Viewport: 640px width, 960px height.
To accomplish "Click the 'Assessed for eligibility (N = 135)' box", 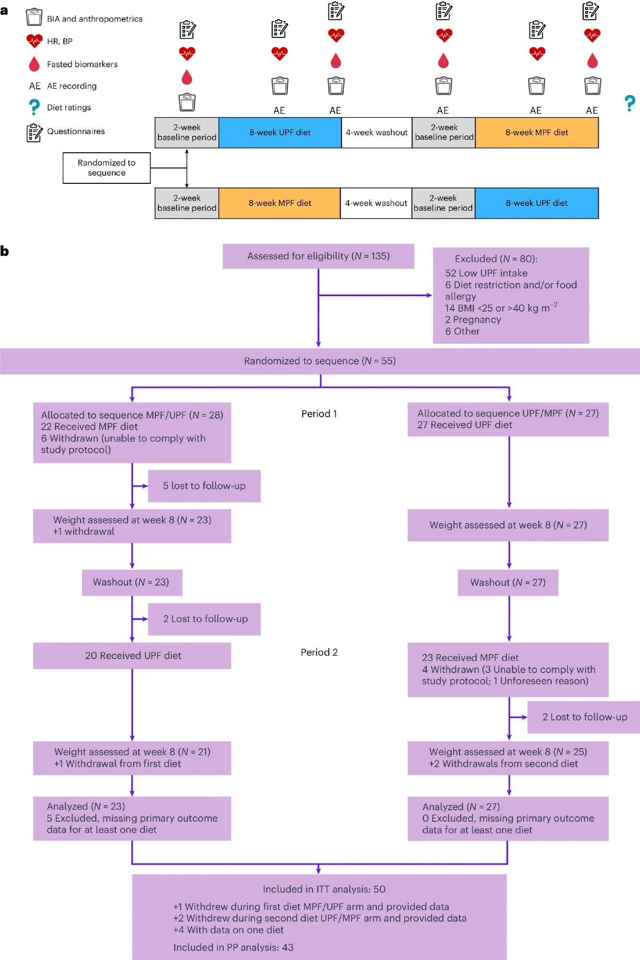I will pos(318,256).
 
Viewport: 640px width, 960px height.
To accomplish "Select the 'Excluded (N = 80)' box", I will pos(511,295).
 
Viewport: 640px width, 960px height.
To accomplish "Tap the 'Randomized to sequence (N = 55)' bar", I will pos(320,361).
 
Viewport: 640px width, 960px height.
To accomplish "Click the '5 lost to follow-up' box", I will pos(204,486).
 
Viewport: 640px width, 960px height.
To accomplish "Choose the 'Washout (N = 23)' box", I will pos(132,582).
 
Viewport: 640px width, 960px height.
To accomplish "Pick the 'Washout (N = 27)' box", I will pos(508,582).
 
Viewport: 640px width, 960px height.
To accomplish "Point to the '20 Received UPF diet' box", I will pos(132,656).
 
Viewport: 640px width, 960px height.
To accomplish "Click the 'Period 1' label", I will pos(319,414).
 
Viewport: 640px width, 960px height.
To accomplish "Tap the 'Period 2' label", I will pos(319,652).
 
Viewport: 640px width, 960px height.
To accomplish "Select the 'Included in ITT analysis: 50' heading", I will pos(324,889).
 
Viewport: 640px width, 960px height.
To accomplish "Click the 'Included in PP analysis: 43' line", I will pos(233,948).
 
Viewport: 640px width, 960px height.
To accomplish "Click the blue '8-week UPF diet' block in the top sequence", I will pos(280,132).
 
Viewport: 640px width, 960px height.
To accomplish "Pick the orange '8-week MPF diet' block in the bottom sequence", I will pos(280,203).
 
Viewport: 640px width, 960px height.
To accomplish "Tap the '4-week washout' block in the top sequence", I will pos(377,132).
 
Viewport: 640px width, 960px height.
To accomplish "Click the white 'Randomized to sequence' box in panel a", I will pos(107,168).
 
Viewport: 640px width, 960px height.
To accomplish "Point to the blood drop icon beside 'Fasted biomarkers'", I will pos(34,64).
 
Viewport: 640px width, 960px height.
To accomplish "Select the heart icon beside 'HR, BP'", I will pos(34,41).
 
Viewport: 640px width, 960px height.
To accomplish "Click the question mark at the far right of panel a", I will pos(630,103).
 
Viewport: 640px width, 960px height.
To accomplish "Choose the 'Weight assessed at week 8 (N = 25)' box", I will pos(508,758).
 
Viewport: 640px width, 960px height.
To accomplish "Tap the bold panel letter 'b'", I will pos(5,251).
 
